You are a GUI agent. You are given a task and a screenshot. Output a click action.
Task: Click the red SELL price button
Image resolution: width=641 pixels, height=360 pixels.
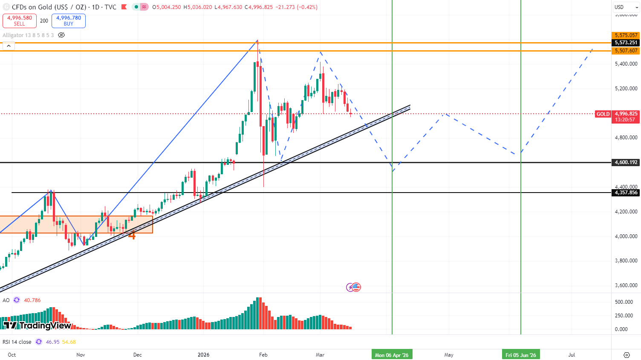[20, 21]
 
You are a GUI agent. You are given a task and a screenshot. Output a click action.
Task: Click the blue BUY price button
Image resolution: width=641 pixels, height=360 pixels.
[69, 21]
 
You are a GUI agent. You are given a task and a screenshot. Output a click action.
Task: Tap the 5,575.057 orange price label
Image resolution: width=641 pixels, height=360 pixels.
[626, 35]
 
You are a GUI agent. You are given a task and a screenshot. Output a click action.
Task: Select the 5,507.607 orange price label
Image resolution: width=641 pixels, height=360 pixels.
[626, 51]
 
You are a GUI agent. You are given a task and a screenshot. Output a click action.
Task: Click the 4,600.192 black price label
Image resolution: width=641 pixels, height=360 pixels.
[626, 162]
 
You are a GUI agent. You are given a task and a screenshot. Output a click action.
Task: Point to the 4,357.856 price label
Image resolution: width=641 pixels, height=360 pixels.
[626, 193]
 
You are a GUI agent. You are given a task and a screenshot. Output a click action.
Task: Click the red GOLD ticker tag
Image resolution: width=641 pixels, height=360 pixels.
[603, 114]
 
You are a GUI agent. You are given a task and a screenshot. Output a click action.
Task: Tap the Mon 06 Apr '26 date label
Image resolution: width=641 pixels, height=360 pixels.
[392, 355]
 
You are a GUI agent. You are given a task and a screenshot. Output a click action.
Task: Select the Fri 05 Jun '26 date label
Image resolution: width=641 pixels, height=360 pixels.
[521, 355]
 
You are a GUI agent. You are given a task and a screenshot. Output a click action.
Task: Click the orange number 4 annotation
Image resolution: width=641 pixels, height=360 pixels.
[132, 235]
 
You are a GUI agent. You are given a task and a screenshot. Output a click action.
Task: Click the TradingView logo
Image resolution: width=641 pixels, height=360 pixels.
[38, 325]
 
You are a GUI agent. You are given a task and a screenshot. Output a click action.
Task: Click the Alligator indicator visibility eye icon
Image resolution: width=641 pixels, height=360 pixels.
[61, 35]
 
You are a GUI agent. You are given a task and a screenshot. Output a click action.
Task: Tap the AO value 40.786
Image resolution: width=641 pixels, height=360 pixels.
[32, 300]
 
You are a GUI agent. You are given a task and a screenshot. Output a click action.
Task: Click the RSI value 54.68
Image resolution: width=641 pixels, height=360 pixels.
[69, 342]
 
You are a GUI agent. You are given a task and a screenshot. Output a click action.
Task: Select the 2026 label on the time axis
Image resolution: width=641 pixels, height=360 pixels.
[204, 355]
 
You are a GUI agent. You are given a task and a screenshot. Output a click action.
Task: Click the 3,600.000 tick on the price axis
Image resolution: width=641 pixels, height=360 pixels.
[626, 285]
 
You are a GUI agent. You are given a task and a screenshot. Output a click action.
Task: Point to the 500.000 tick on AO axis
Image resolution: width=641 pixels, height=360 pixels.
[624, 302]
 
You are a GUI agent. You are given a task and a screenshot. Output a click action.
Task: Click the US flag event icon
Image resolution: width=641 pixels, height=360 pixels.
[356, 287]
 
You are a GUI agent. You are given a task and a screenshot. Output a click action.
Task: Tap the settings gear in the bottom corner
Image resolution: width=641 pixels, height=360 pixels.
[627, 355]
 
